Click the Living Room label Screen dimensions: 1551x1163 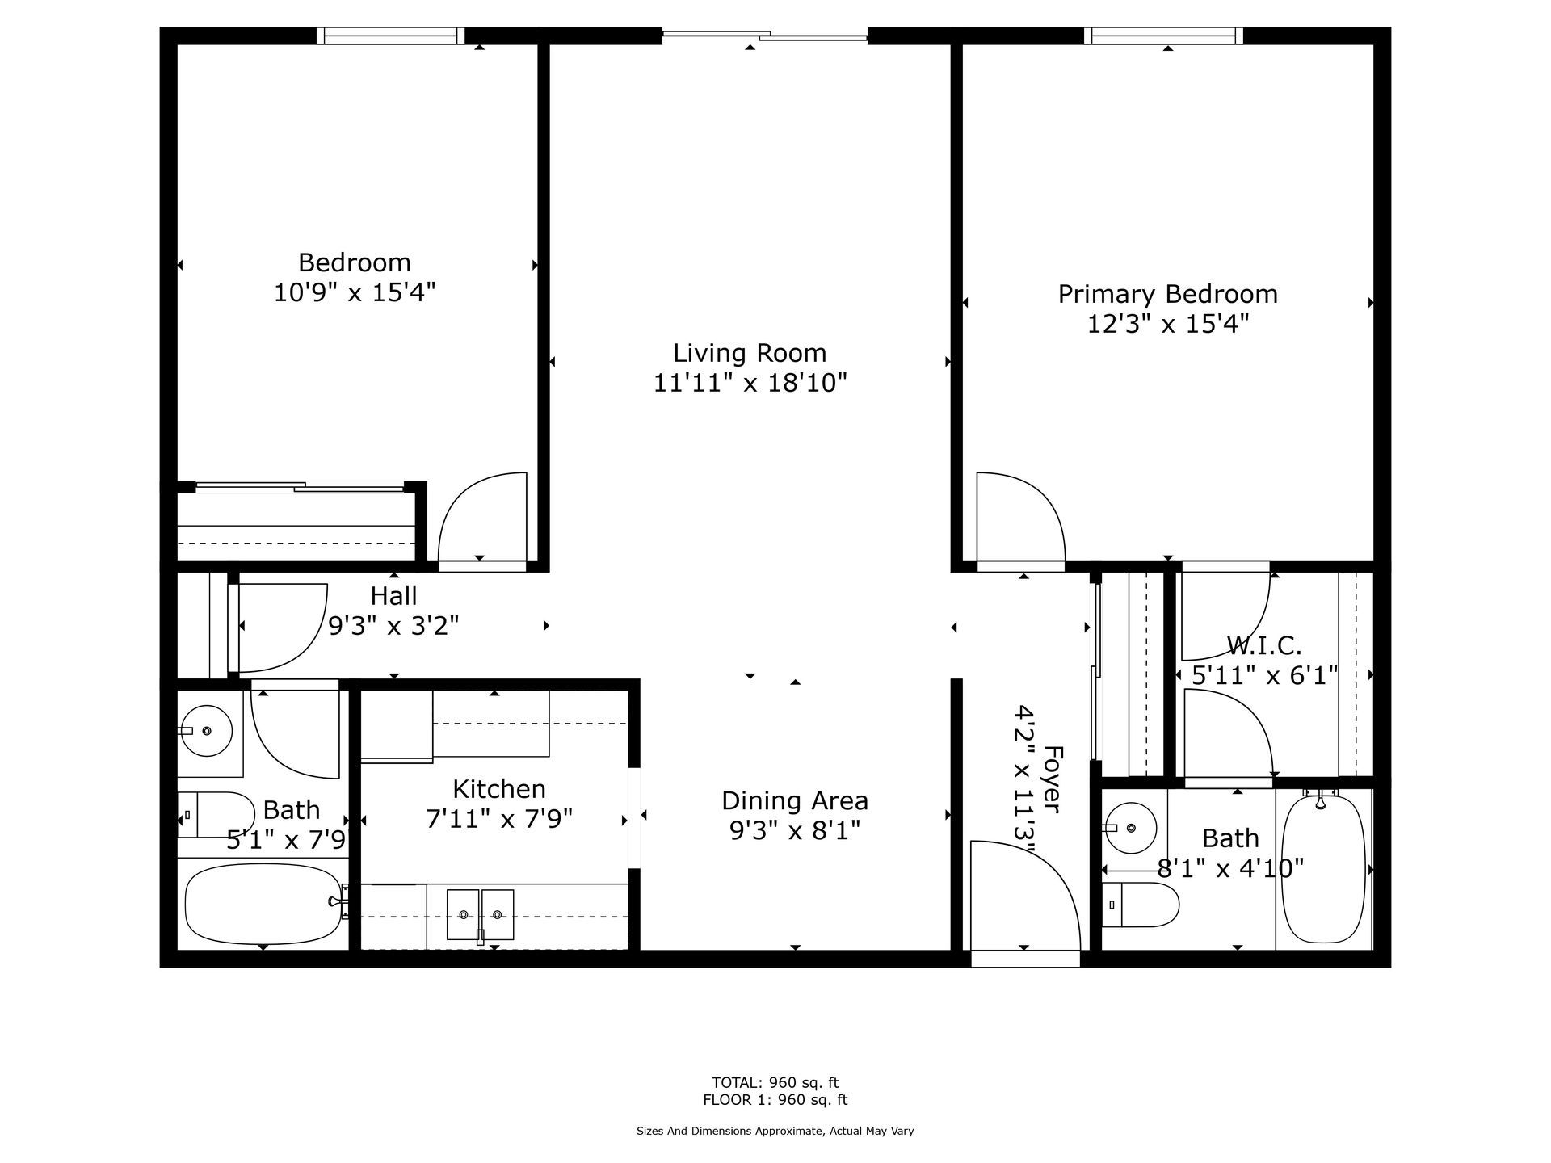(x=750, y=353)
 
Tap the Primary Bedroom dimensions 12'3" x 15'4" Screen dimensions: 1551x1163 (x=1168, y=324)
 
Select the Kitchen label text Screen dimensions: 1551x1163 (x=499, y=788)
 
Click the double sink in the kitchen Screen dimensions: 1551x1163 (x=481, y=914)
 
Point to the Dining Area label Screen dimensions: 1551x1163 (x=795, y=800)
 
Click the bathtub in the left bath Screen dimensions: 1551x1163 (x=264, y=904)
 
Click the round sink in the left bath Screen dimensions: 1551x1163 (x=206, y=730)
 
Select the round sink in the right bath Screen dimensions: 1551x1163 (x=1131, y=828)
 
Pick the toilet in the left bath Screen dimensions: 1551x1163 (x=216, y=814)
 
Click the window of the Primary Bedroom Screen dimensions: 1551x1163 (x=1163, y=36)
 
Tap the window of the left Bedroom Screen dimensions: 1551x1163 (x=391, y=36)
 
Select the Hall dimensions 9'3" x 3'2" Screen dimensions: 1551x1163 (x=394, y=625)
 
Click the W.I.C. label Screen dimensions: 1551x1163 (x=1264, y=645)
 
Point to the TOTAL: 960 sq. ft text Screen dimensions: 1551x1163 (x=775, y=1082)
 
